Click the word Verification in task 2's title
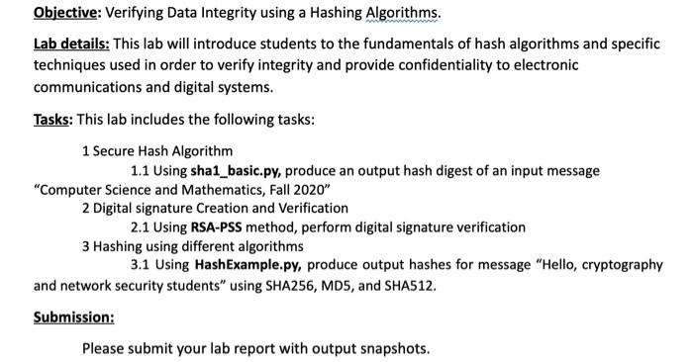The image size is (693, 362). pyautogui.click(x=313, y=209)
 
